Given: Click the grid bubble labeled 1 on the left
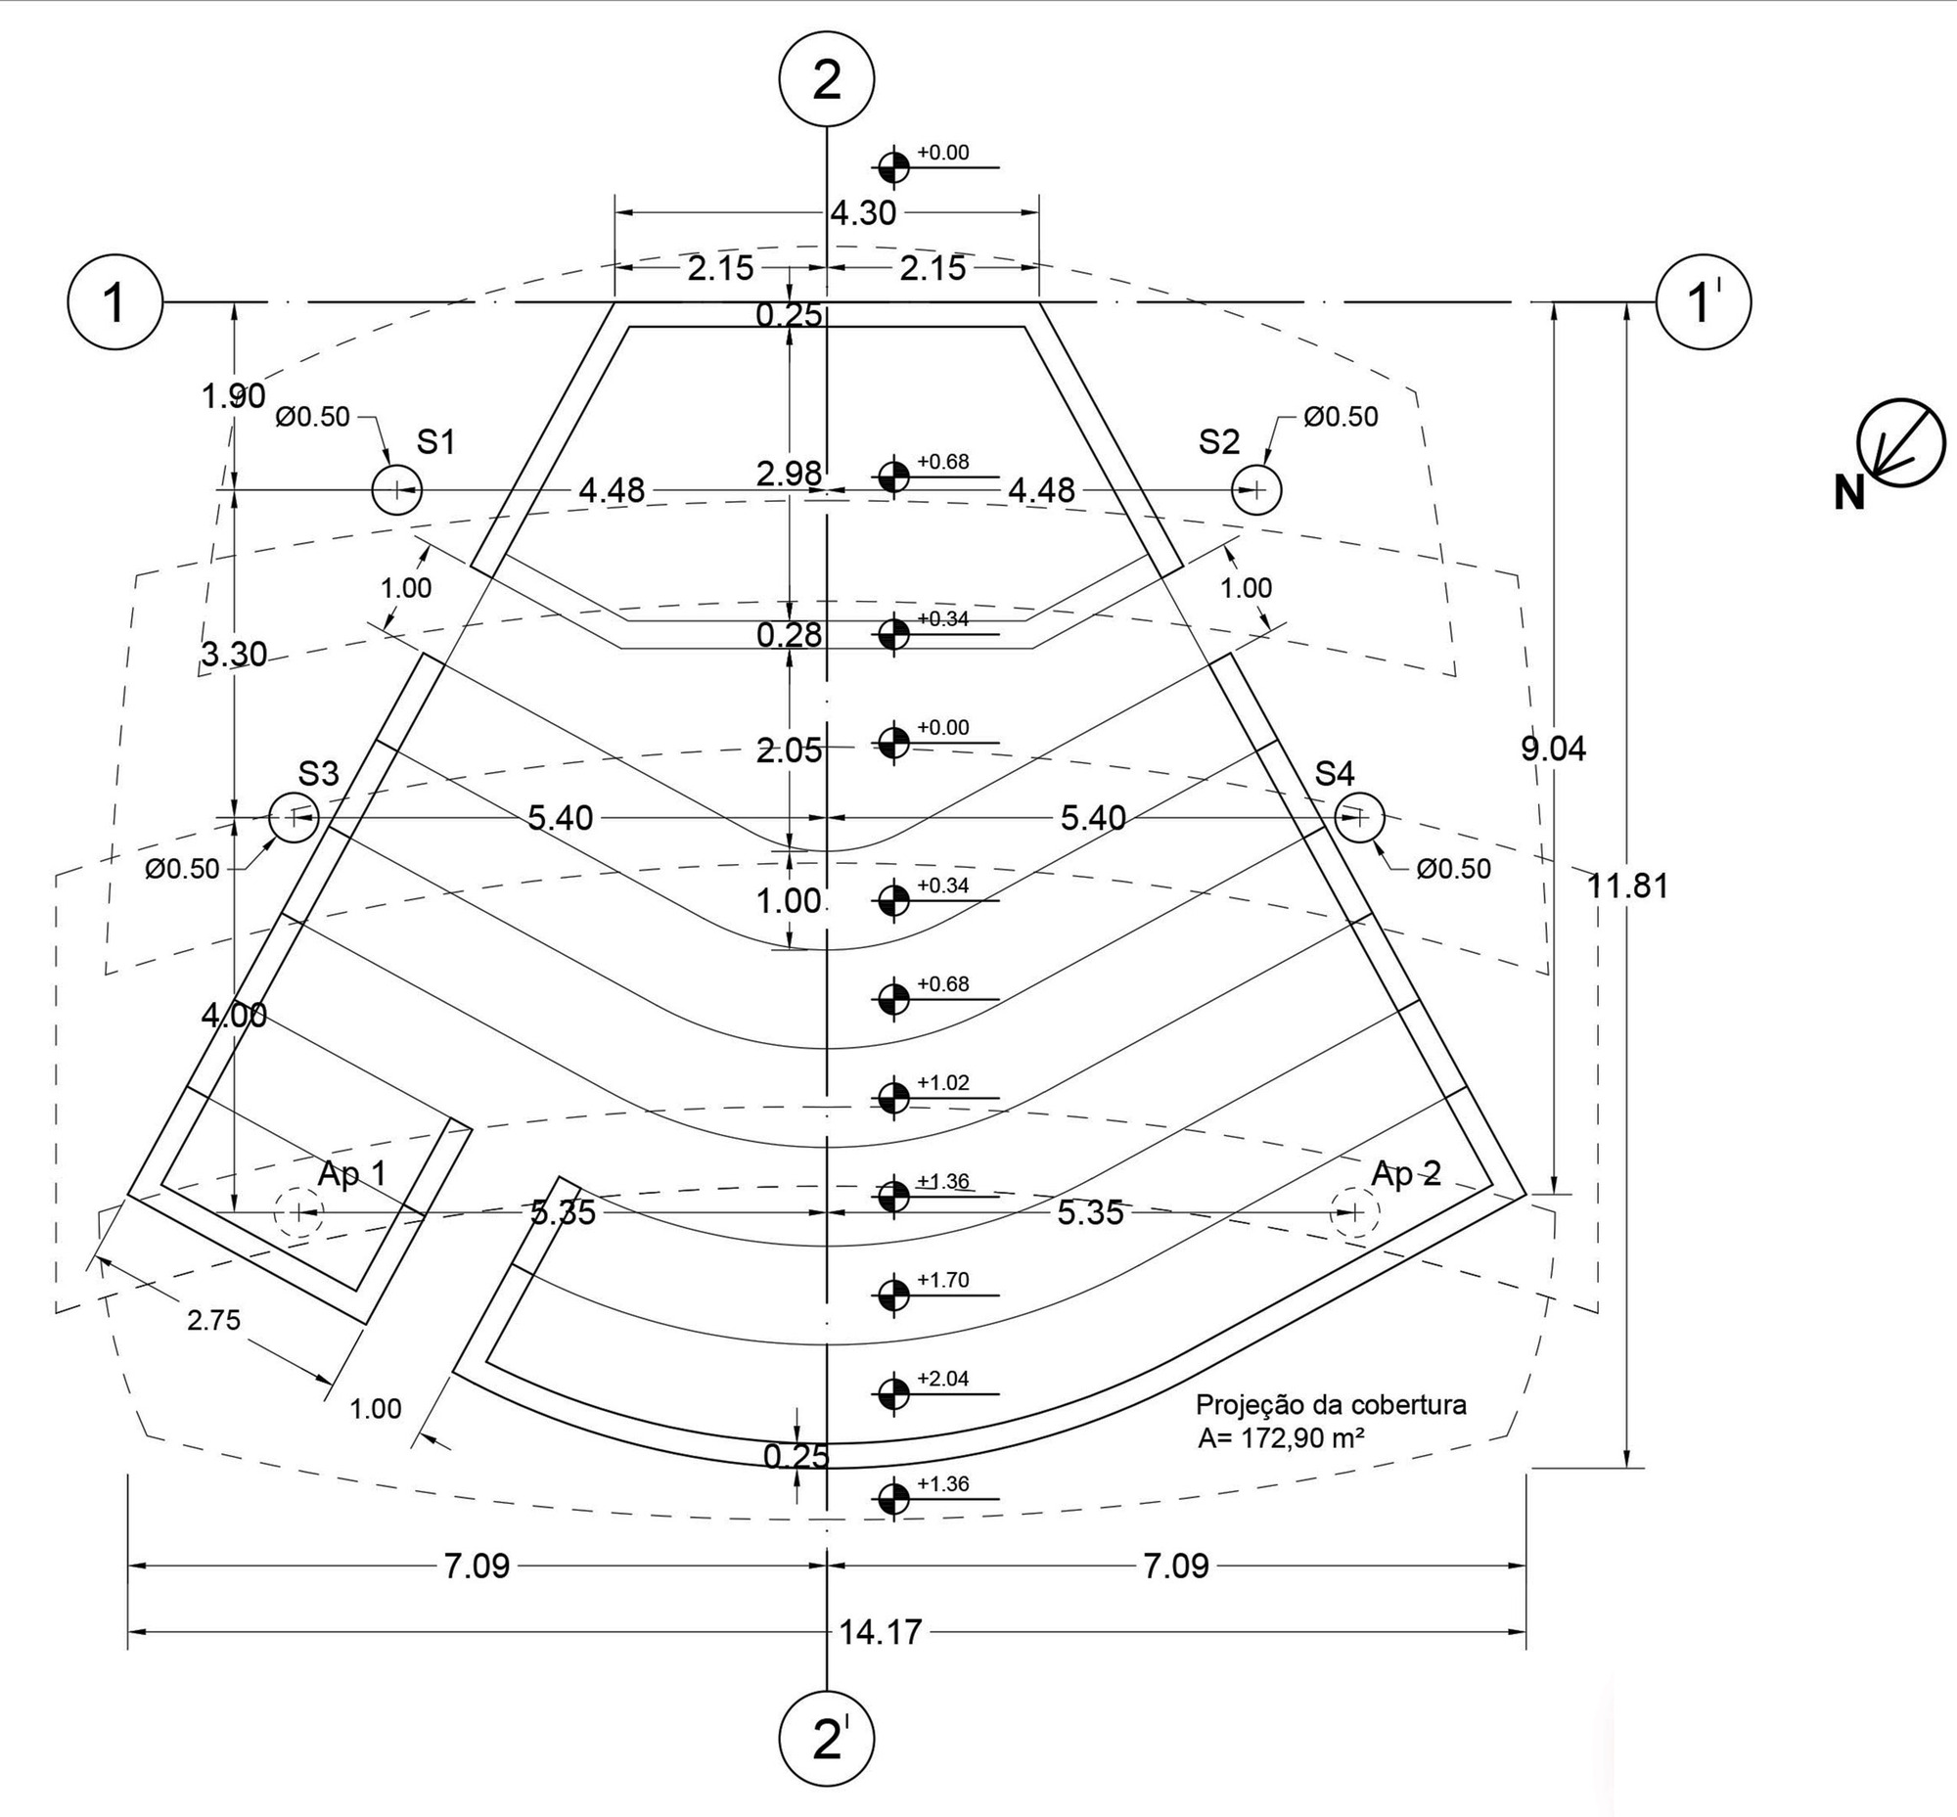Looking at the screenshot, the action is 115,301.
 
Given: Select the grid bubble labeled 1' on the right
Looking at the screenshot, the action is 1705,301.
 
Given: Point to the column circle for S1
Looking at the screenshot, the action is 396,489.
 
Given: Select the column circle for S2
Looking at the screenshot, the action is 1255,489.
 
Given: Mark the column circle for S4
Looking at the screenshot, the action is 1359,817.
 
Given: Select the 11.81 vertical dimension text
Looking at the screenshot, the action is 1627,886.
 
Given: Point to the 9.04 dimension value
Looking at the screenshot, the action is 1554,750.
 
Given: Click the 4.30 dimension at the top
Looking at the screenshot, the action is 863,213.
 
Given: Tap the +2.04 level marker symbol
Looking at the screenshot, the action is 893,1393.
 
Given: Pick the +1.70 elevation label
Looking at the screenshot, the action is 943,1280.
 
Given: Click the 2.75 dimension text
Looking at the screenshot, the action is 213,1321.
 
